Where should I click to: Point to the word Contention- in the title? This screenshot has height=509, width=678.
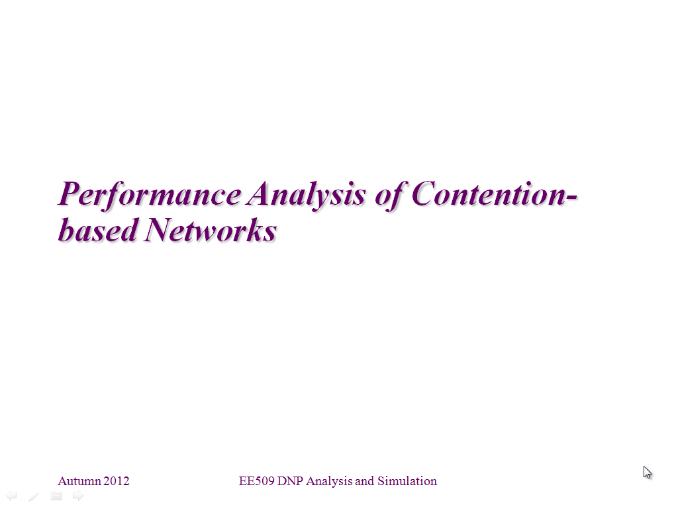495,194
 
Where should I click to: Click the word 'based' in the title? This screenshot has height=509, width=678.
98,229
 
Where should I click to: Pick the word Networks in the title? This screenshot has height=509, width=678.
211,229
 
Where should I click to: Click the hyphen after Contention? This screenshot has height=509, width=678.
571,198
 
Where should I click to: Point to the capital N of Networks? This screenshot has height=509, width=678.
160,229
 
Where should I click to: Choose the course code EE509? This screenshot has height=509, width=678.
256,481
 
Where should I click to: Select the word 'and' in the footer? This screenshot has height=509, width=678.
365,481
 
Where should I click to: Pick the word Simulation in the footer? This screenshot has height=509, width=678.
407,481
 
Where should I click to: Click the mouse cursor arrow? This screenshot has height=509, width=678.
647,472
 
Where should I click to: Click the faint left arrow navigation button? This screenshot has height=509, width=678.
11,496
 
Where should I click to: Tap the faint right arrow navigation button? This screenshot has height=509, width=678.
78,496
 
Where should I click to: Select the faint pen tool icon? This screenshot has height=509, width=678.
34,496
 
